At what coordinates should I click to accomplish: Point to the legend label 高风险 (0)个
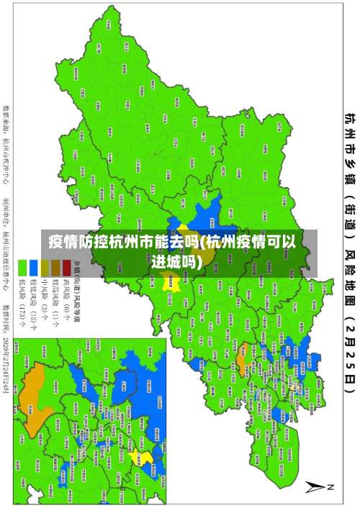click(x=66, y=296)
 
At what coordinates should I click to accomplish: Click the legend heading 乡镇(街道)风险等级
click(x=77, y=284)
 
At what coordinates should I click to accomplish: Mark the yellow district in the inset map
click(x=145, y=458)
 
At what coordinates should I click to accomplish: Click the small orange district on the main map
click(x=243, y=355)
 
